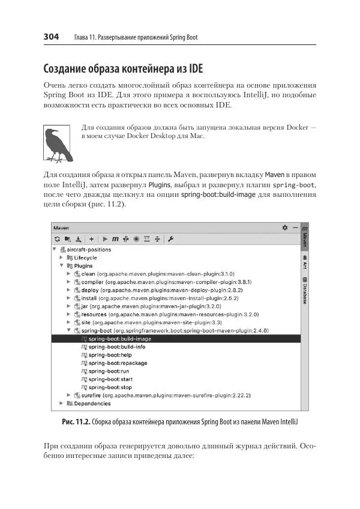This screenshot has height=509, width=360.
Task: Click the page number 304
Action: (x=51, y=37)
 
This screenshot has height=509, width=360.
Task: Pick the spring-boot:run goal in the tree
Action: (x=109, y=371)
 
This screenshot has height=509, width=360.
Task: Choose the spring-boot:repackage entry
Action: (x=117, y=363)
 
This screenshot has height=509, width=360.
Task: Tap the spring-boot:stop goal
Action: (x=110, y=387)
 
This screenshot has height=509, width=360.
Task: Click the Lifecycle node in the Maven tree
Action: (x=85, y=258)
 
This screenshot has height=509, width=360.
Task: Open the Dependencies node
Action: (x=92, y=403)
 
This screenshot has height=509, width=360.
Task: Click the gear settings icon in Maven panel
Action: (x=284, y=227)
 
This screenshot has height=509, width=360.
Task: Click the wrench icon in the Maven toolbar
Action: (x=170, y=239)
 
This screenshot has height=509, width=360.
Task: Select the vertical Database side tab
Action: (x=305, y=291)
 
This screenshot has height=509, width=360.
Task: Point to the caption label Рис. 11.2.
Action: (x=76, y=423)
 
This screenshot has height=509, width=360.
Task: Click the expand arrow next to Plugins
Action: (x=61, y=265)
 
